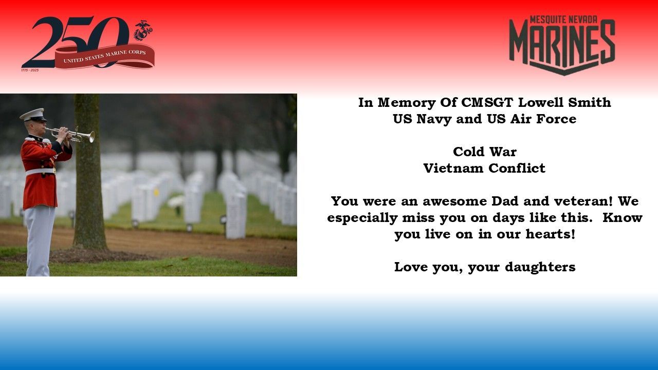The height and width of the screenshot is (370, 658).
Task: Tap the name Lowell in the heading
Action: click(x=540, y=102)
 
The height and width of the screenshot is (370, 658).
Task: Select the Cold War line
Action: click(x=485, y=152)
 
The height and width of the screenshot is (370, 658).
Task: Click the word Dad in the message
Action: click(x=505, y=201)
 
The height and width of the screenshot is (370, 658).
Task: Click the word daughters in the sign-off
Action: click(x=540, y=267)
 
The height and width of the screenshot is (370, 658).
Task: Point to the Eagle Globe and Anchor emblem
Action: click(x=143, y=30)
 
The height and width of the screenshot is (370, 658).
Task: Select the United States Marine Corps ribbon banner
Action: click(x=104, y=57)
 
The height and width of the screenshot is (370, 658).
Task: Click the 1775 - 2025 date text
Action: click(x=30, y=70)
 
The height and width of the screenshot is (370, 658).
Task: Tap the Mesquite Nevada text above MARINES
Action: click(x=564, y=20)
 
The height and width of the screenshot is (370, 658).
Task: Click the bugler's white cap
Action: click(x=33, y=115)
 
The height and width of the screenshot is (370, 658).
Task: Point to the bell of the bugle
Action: click(x=92, y=137)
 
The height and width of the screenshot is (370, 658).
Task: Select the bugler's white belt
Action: click(x=40, y=172)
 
